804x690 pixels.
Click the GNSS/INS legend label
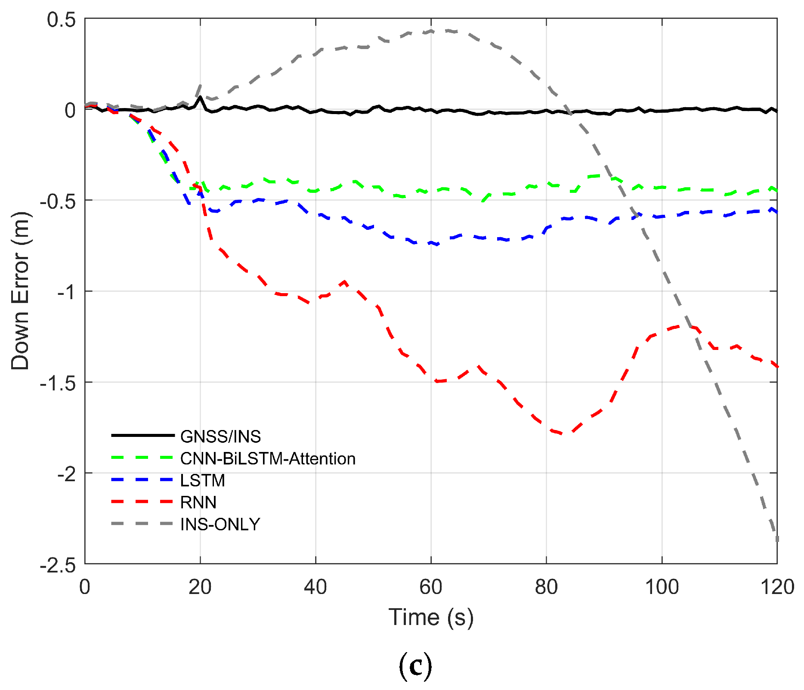tap(220, 436)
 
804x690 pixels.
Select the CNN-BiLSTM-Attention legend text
tap(268, 459)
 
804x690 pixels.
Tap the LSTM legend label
tap(202, 480)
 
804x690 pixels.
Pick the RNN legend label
tap(198, 502)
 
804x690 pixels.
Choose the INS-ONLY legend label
tap(220, 524)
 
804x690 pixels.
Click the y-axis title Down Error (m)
tap(20, 291)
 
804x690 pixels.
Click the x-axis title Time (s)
tap(431, 617)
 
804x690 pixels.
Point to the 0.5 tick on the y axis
tap(61, 20)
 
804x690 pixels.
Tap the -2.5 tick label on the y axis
tap(57, 565)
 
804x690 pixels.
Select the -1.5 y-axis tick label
tap(57, 383)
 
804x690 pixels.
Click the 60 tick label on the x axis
tap(431, 587)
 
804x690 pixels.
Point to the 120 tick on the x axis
tap(777, 587)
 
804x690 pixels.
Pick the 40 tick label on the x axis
tap(315, 587)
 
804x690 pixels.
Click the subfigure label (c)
tap(415, 666)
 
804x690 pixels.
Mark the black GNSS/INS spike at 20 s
tap(200, 97)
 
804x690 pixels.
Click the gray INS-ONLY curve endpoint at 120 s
tap(777, 540)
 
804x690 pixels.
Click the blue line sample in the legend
tap(142, 480)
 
